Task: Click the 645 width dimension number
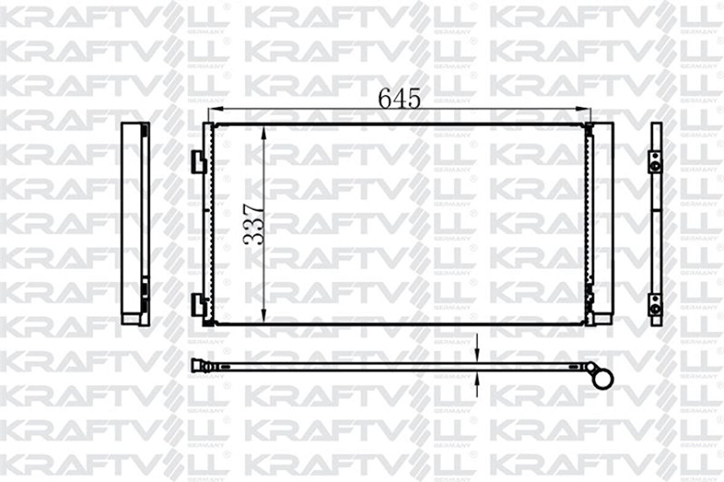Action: click(399, 98)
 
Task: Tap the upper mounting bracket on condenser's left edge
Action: click(198, 161)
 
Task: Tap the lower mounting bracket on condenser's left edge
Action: click(198, 303)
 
